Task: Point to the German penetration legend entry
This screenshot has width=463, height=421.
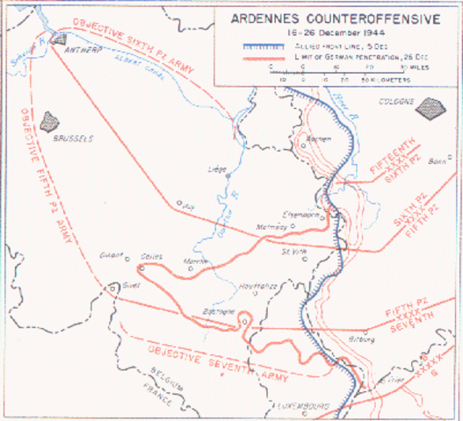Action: click(x=334, y=56)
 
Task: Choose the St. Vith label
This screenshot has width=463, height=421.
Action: click(x=293, y=251)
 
